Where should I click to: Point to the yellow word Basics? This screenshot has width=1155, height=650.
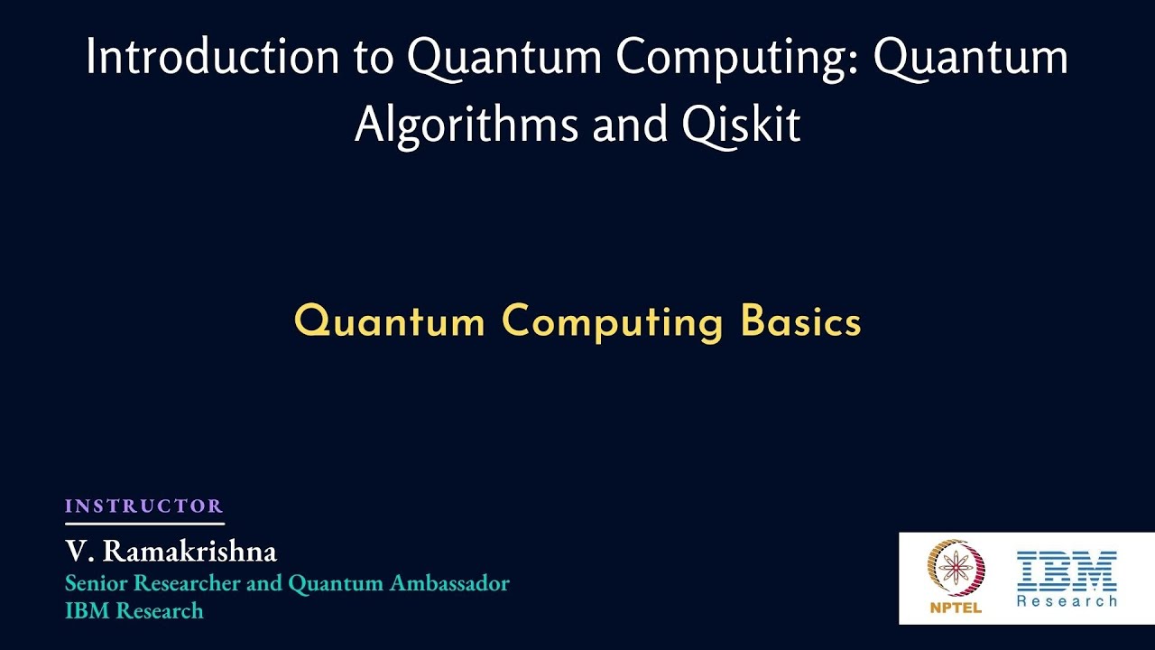(x=800, y=321)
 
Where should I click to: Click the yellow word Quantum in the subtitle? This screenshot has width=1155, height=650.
(x=389, y=321)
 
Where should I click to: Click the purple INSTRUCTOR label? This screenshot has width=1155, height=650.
(x=143, y=506)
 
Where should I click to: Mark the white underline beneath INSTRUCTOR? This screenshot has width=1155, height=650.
(x=144, y=524)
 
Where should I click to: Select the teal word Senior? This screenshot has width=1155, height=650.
(x=94, y=583)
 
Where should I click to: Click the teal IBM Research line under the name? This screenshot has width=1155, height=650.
(x=134, y=611)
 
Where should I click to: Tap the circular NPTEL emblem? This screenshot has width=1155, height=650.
(x=956, y=569)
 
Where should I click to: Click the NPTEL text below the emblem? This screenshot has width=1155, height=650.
(x=956, y=608)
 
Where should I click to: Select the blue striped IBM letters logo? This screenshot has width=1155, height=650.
(x=1067, y=570)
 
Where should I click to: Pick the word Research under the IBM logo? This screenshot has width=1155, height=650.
(x=1067, y=600)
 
